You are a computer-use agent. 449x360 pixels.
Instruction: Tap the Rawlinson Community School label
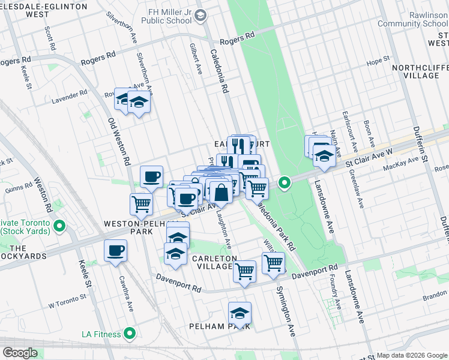click(x=413, y=20)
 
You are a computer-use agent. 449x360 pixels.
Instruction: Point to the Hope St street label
click(x=378, y=61)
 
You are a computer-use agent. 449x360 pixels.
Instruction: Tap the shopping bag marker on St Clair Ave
click(x=221, y=193)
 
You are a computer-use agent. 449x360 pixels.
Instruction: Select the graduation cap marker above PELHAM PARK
click(x=240, y=314)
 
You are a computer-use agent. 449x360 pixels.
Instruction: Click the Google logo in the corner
click(x=19, y=352)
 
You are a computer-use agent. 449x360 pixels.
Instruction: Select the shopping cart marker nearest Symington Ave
click(x=273, y=263)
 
